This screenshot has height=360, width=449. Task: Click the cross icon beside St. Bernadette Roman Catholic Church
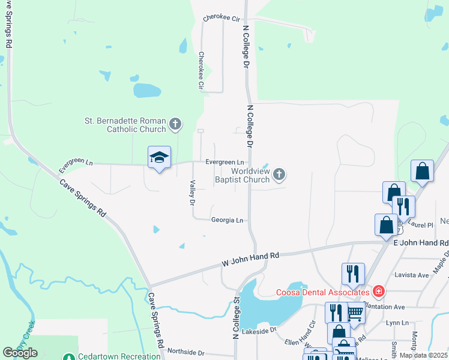click(x=175, y=124)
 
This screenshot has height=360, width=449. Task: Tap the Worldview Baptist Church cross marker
click(x=279, y=175)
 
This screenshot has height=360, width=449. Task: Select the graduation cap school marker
click(x=159, y=157)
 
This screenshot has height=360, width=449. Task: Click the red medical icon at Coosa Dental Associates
click(x=378, y=292)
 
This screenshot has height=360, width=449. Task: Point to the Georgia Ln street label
click(x=227, y=220)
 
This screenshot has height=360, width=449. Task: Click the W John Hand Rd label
click(x=251, y=259)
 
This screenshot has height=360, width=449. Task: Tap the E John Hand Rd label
click(x=421, y=243)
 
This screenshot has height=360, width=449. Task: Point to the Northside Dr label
click(x=186, y=352)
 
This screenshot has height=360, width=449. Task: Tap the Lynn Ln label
click(x=397, y=323)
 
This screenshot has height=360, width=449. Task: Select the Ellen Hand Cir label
click(x=304, y=332)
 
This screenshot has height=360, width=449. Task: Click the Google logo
click(x=20, y=353)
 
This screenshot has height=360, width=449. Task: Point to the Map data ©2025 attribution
click(x=423, y=355)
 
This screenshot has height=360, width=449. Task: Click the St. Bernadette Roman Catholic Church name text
click(x=125, y=124)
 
